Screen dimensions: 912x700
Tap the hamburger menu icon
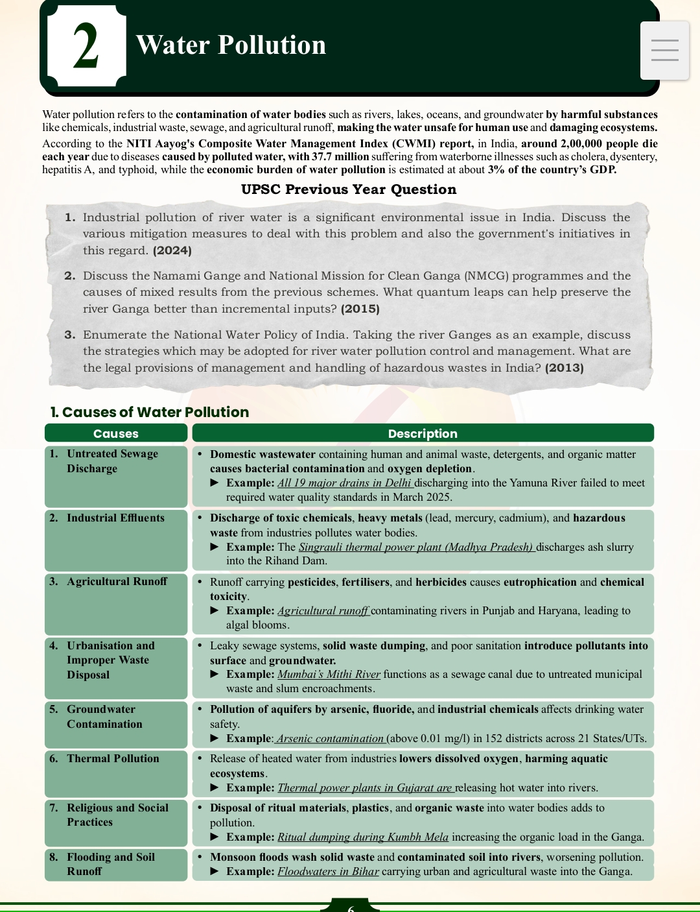tap(664, 51)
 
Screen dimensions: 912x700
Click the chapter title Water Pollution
tap(231, 45)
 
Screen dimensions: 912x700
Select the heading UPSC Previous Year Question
tap(349, 189)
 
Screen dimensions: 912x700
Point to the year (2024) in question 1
tap(172, 250)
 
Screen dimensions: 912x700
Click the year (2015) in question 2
tap(360, 309)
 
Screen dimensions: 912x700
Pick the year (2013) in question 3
tap(564, 368)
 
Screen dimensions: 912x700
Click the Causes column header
tap(116, 433)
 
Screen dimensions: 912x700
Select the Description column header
tap(423, 433)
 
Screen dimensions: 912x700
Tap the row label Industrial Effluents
tap(115, 518)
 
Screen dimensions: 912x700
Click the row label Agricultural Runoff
tap(117, 581)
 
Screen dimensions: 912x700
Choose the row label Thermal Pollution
tap(113, 758)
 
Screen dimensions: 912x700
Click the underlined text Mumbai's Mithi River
tap(329, 674)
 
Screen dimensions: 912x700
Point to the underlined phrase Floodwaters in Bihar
tap(328, 871)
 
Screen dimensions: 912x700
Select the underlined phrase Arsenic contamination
tap(331, 738)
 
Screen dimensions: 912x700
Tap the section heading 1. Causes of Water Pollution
tap(150, 412)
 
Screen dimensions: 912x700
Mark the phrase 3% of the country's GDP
tap(552, 169)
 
